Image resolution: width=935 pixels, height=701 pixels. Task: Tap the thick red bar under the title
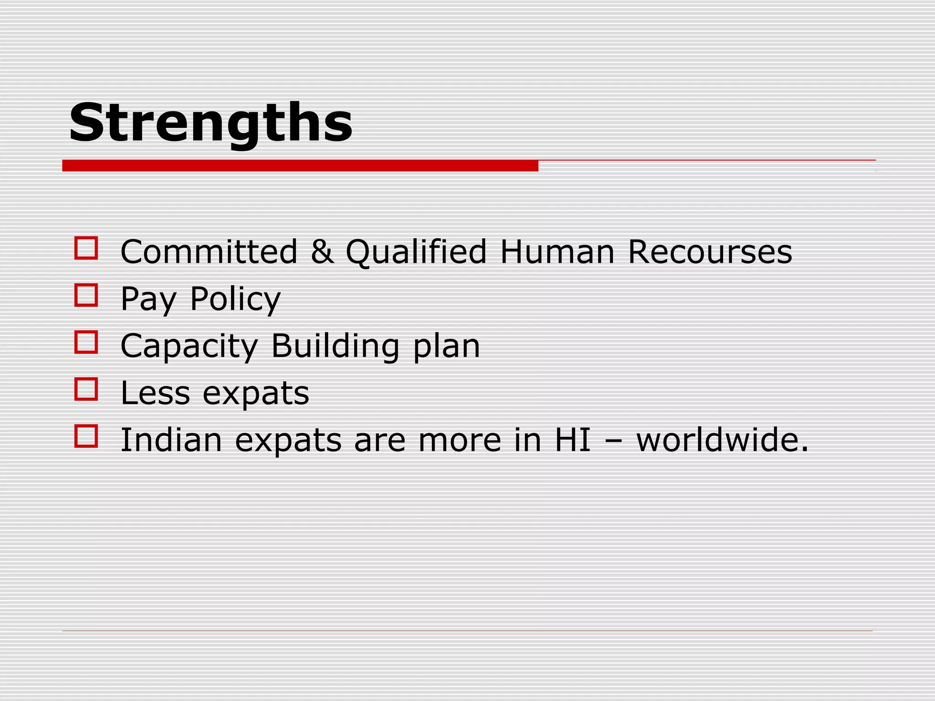point(300,166)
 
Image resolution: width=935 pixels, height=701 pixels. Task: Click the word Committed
point(209,251)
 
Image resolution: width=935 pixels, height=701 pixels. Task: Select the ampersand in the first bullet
point(322,251)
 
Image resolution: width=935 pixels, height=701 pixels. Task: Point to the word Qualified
point(416,251)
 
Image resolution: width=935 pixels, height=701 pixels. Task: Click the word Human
point(557,251)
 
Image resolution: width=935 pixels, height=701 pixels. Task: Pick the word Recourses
point(710,251)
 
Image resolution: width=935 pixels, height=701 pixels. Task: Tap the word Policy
point(235,299)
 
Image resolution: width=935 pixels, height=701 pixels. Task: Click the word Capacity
point(189,346)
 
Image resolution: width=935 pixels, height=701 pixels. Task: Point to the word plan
point(446,347)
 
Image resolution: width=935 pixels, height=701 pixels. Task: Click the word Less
point(155,393)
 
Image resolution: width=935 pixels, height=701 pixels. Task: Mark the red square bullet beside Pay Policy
point(86,295)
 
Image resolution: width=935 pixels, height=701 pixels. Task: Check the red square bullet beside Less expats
point(86,389)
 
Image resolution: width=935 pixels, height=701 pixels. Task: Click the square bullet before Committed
point(86,248)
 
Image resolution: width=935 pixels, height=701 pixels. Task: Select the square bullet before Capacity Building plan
point(86,342)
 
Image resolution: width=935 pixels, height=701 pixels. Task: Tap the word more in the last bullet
point(460,441)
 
